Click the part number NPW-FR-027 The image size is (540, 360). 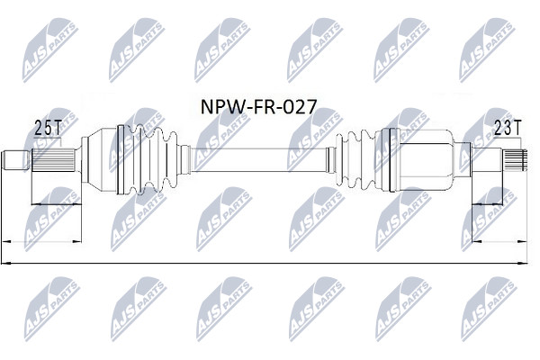pos(258,107)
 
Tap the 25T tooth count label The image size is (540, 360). pos(47,128)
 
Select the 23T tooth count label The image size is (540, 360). pos(508,128)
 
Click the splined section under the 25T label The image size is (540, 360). pos(53,160)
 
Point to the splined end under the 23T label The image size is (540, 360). pos(515,160)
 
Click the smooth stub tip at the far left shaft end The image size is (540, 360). pos(15,160)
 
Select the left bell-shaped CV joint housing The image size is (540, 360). pos(99,159)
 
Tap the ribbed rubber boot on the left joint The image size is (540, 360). pos(151,160)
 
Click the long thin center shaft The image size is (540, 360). pos(258,160)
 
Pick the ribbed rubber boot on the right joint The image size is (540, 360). pos(355,160)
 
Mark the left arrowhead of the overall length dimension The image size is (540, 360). pos(6,264)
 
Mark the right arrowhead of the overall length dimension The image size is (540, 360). pos(523,264)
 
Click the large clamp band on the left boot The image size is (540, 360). pos(121,159)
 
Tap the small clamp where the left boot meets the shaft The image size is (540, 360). pos(185,160)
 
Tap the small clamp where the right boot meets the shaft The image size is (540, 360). pos(331,160)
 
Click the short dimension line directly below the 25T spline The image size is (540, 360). pos(57,204)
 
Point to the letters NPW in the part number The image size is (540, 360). pos(221,107)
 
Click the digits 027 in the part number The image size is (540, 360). pos(300,107)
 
